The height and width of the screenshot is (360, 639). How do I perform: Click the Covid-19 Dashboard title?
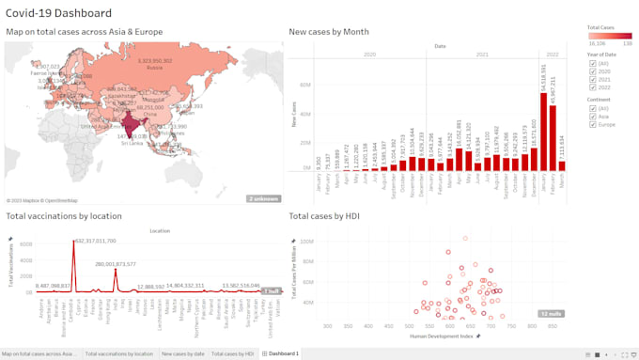point(58,13)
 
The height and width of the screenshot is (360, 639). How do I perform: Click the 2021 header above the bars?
point(482,55)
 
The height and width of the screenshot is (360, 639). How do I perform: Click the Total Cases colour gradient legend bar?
point(609,36)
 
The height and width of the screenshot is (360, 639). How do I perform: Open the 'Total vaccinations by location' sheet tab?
point(118,354)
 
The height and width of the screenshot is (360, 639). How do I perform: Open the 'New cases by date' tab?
point(182,354)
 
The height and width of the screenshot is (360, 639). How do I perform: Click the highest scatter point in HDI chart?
point(463,238)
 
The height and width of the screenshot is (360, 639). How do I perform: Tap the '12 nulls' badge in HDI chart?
point(550,313)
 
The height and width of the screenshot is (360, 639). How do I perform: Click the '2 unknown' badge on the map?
point(263,198)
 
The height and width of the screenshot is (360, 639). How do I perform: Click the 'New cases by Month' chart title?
point(328,32)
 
